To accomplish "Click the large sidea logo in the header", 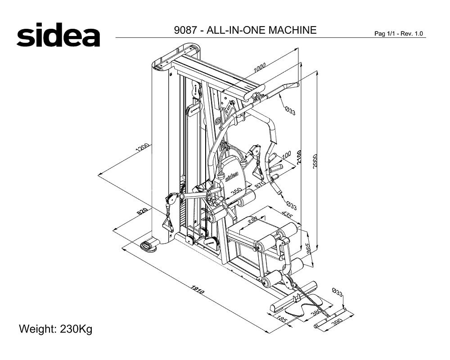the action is click(58, 35).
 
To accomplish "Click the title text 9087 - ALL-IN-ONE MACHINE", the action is click(245, 30).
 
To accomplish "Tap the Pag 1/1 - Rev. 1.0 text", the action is click(398, 34).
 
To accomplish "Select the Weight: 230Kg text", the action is click(56, 328).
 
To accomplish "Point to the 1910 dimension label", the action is click(198, 290).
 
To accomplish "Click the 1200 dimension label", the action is click(143, 147).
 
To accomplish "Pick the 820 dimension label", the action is click(142, 211).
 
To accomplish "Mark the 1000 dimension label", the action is click(260, 67).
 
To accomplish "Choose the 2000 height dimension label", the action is click(315, 162).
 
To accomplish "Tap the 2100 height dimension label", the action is click(299, 157).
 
